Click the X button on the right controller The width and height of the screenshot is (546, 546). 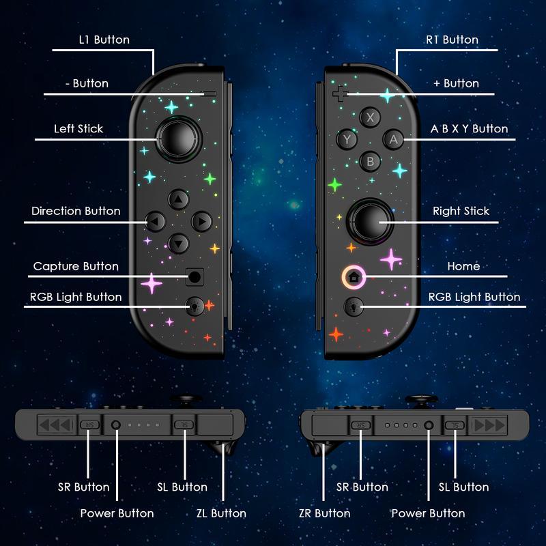coord(371,117)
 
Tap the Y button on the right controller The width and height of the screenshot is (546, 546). coord(348,139)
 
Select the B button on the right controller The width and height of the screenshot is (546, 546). coord(371,162)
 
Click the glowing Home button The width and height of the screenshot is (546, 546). coord(354,277)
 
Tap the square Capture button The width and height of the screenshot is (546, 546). coord(195,277)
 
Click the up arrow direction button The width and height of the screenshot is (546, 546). coord(178,200)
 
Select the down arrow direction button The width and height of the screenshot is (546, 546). coord(178,242)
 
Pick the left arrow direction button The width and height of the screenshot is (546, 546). coord(156,221)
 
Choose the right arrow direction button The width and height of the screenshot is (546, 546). coord(201,221)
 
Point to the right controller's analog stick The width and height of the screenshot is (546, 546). coord(370,220)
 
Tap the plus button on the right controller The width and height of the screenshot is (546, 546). coord(339,92)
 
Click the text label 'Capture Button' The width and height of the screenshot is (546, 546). coord(76,266)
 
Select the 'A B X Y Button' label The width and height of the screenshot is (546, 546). coord(469,128)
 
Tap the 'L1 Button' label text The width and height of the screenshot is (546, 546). coord(104,40)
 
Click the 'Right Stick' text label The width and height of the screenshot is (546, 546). coord(461,211)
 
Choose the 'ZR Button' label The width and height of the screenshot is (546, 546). coord(324,513)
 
